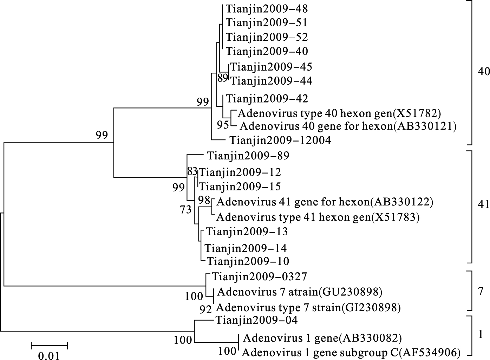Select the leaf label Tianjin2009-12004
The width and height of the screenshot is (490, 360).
pos(280,140)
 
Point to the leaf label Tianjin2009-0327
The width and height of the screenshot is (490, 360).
pos(259,277)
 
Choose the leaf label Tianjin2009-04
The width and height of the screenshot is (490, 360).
pos(256,320)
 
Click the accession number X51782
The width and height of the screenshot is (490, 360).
pos(416,113)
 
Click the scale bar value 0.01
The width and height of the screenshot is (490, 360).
pos(49,355)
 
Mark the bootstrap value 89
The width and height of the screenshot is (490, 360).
pos(223,78)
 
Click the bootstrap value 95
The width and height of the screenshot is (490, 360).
pos(223,124)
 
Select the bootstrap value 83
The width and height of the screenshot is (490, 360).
pos(192,172)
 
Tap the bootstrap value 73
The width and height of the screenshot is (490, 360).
pos(185,210)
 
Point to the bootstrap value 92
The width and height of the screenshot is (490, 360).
pos(205,309)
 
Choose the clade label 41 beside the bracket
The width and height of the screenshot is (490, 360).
pos(484,204)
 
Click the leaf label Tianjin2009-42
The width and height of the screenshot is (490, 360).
pos(267,99)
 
